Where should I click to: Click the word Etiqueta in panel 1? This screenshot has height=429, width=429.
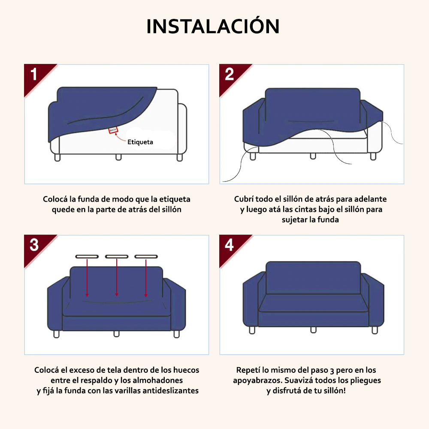pos(140,142)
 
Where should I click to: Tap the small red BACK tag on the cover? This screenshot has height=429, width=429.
pos(113,130)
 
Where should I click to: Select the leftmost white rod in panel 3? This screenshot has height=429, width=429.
pos(87,257)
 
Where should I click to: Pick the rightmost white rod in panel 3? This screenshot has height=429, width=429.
pos(146,257)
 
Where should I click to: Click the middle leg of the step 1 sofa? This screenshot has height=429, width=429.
pos(118,157)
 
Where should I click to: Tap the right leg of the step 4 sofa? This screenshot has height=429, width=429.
pos(375,330)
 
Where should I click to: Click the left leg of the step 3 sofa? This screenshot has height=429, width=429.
pos(56,334)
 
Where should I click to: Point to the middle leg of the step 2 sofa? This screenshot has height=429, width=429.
pos(313,156)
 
